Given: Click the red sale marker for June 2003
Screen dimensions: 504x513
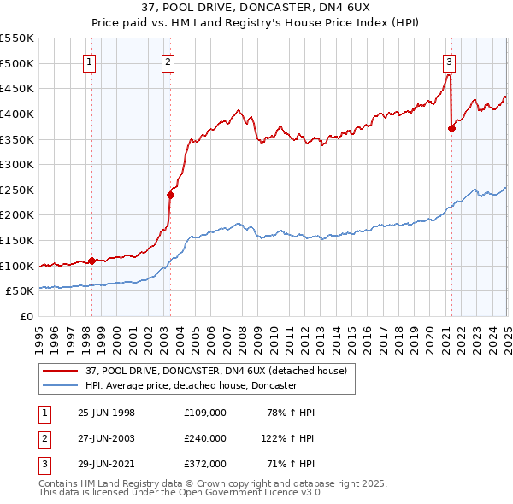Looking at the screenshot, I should [170, 195].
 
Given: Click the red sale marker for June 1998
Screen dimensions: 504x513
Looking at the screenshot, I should [91, 261].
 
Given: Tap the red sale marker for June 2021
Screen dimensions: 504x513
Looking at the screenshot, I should [451, 128].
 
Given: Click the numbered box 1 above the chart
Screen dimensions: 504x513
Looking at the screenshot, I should [90, 61].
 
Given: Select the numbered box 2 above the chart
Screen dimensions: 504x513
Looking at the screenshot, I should [168, 61].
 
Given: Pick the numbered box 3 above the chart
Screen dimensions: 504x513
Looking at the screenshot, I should [449, 61].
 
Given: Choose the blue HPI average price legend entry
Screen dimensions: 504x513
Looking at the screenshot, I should [190, 386].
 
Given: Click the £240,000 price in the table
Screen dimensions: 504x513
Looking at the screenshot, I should [204, 437].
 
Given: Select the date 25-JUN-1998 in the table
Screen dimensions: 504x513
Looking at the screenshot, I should [106, 413].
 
